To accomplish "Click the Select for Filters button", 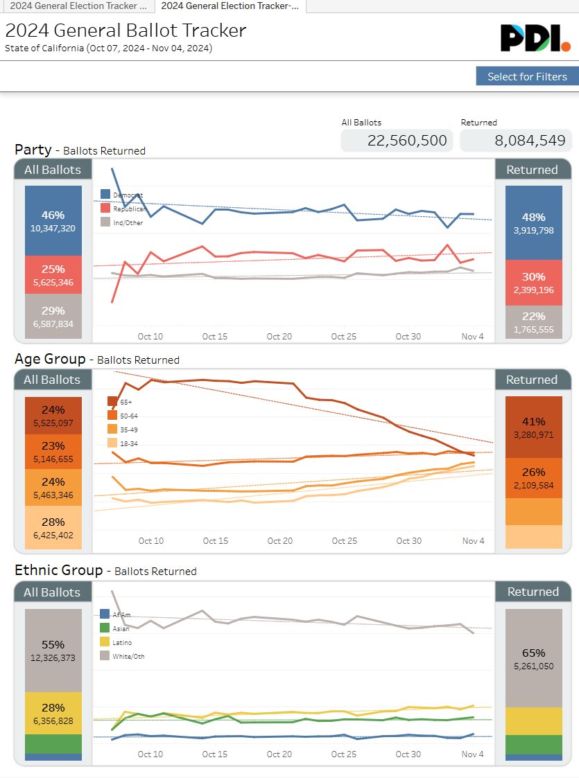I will click(527, 76).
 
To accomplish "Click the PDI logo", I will click(535, 38).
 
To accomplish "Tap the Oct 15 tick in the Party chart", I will click(214, 337).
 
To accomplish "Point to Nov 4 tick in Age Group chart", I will click(473, 541).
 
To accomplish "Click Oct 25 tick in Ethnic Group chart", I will click(343, 754).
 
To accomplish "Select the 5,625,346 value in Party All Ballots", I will click(53, 283).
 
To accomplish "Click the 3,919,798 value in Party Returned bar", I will click(533, 231).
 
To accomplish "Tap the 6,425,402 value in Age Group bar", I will click(53, 536).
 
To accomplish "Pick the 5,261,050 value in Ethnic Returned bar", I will click(533, 666).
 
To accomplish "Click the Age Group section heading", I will click(51, 359).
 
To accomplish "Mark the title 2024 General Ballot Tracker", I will click(126, 31).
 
